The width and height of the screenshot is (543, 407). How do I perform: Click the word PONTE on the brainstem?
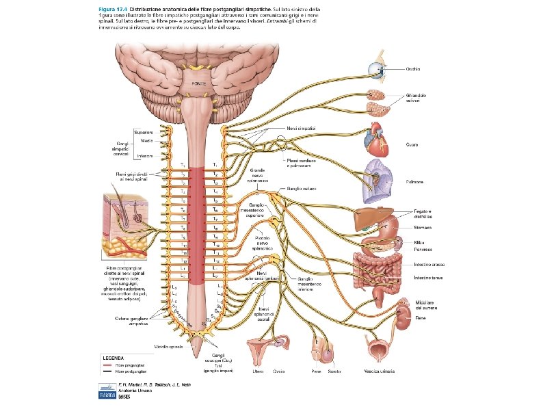tap(198, 83)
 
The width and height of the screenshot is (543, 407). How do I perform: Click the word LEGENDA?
tap(114, 356)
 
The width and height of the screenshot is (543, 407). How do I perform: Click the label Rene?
tap(420, 318)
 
